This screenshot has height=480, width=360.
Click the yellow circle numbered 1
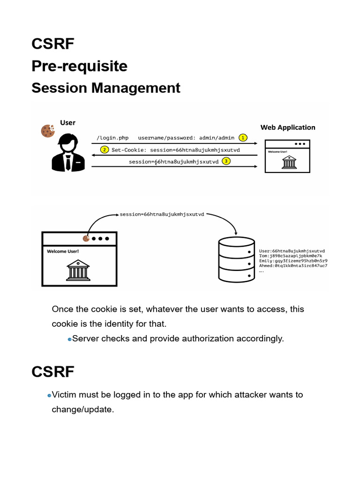click(243, 138)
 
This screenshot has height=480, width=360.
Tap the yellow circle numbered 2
click(105, 150)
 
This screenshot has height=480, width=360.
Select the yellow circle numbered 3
click(226, 162)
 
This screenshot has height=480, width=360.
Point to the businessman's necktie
click(68, 162)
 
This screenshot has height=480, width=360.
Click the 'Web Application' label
click(288, 127)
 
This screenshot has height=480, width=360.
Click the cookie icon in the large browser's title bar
click(86, 239)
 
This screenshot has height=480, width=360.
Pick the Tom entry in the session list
click(291, 256)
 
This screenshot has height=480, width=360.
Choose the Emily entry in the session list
click(293, 261)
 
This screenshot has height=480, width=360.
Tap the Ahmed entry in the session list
click(293, 266)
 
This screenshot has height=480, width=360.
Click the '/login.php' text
click(112, 138)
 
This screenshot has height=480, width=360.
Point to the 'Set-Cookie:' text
click(129, 150)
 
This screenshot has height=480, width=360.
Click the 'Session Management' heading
click(106, 88)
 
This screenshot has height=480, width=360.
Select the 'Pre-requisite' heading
click(80, 66)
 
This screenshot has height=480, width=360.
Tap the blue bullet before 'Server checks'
click(69, 339)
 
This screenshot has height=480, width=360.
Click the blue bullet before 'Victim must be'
click(49, 396)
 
